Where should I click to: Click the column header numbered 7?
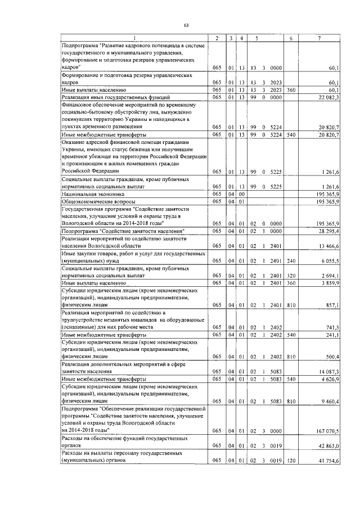[x=319, y=38]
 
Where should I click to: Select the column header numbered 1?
[x=134, y=38]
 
